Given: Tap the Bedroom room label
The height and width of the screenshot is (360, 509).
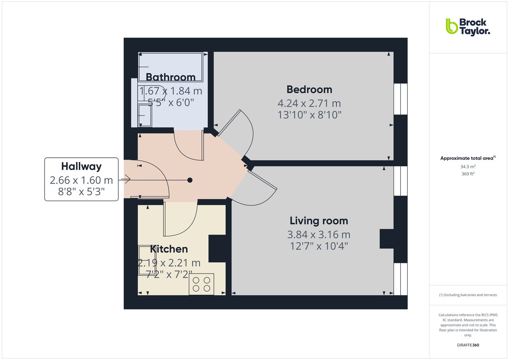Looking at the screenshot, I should (309, 89).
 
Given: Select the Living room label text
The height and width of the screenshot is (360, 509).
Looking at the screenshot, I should (319, 221).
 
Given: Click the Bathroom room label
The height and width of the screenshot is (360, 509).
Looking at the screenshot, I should (171, 77).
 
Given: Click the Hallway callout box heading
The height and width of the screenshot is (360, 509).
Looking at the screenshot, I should (81, 166).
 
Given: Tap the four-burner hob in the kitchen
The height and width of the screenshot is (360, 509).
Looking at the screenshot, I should (201, 284).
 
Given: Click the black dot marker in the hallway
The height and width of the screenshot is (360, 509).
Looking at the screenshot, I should (190, 180).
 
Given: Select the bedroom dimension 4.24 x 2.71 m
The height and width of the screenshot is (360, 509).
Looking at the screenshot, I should (309, 103).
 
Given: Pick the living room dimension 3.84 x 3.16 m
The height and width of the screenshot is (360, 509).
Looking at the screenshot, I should (319, 234).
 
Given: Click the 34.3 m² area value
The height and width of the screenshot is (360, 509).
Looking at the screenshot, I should (468, 167).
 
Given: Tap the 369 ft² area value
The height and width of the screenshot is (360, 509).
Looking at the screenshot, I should (468, 174).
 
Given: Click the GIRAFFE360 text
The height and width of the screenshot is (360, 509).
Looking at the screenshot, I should (468, 345).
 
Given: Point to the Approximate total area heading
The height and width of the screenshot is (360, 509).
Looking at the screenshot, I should (467, 158).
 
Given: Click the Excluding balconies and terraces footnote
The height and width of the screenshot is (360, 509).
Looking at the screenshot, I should (468, 295).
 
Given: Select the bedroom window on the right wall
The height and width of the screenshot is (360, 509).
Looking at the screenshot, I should (400, 99).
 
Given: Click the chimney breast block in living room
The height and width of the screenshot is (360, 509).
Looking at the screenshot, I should (386, 239).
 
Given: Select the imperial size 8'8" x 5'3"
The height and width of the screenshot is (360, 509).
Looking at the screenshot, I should (81, 193).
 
